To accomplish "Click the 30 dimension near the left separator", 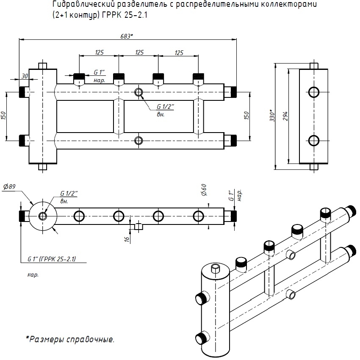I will pyautogui.click(x=25, y=76).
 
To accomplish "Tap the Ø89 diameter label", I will pyautogui.click(x=10, y=186).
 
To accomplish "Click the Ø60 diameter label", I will pyautogui.click(x=204, y=190).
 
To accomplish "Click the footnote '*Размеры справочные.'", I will pyautogui.click(x=70, y=339).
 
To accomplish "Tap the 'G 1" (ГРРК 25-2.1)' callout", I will pyautogui.click(x=51, y=259).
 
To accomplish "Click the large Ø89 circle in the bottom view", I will pyautogui.click(x=42, y=216).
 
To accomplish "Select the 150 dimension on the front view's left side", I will pyautogui.click(x=4, y=115).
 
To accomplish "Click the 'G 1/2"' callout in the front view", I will pyautogui.click(x=166, y=107).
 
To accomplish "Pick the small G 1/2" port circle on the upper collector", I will pyautogui.click(x=138, y=92).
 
